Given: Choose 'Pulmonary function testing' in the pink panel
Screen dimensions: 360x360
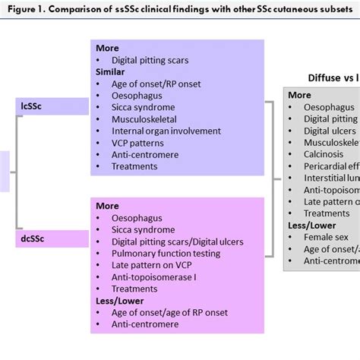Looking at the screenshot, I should pyautogui.click(x=166, y=253).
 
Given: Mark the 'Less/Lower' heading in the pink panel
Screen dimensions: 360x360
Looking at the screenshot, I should pyautogui.click(x=121, y=300).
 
